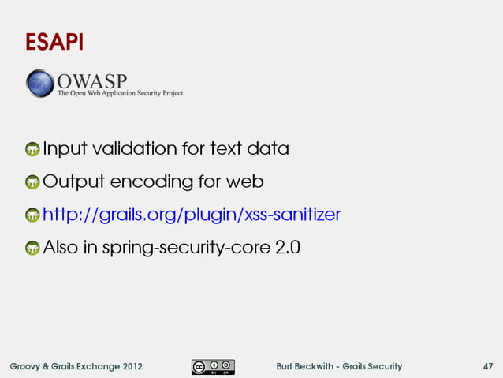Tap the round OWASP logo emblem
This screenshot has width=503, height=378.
[40, 84]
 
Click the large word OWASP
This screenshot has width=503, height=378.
[91, 80]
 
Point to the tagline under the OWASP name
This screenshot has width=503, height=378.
[120, 93]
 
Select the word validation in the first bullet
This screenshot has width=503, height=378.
[132, 148]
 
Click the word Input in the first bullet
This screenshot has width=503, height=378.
[65, 148]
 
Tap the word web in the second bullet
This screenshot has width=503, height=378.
[245, 182]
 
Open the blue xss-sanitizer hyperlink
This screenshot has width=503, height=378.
[191, 215]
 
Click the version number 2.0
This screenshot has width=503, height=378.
[288, 248]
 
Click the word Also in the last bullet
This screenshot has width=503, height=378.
[61, 248]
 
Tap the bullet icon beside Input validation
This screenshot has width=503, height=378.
[32, 150]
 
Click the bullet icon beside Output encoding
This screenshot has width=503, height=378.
[32, 183]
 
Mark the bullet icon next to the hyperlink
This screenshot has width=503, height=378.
[32, 216]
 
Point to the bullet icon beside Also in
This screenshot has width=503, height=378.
[32, 249]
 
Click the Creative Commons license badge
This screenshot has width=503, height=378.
[212, 366]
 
